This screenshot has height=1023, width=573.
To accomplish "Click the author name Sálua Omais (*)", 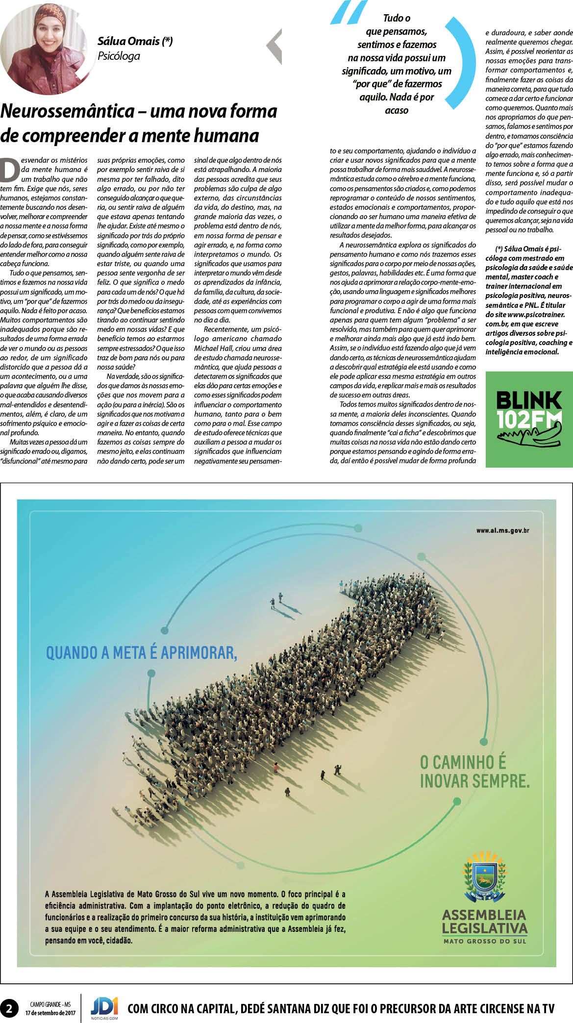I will [x=135, y=41].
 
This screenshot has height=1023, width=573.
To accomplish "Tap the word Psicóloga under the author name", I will [x=119, y=56].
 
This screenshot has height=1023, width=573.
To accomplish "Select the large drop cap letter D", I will [x=10, y=170].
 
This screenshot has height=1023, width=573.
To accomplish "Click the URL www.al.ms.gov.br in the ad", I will [x=502, y=530].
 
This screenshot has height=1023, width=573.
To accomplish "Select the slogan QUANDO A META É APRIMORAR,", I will [x=141, y=653].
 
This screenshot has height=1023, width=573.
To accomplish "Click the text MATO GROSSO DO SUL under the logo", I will [x=484, y=941].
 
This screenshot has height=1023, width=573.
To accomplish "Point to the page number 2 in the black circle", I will [x=9, y=1008].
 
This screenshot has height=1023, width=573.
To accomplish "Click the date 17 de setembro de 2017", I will [x=50, y=1013].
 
